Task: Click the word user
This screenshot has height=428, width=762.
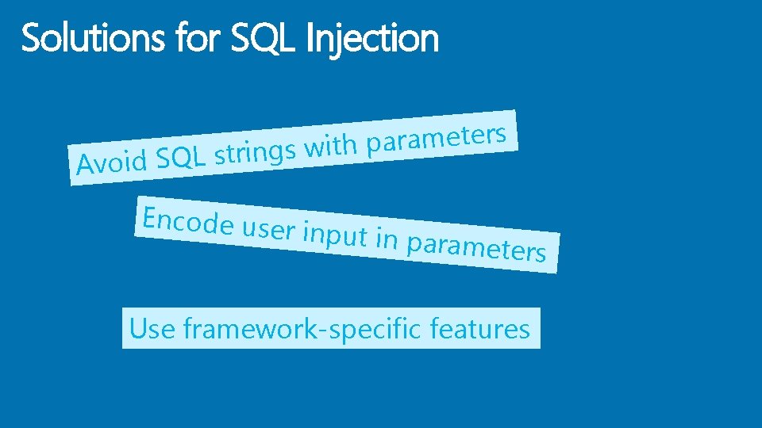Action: tap(270, 230)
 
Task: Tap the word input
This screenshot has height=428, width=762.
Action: tap(338, 236)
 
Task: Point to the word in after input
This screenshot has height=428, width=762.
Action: tap(387, 239)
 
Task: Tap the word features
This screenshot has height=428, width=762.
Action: tap(479, 328)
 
